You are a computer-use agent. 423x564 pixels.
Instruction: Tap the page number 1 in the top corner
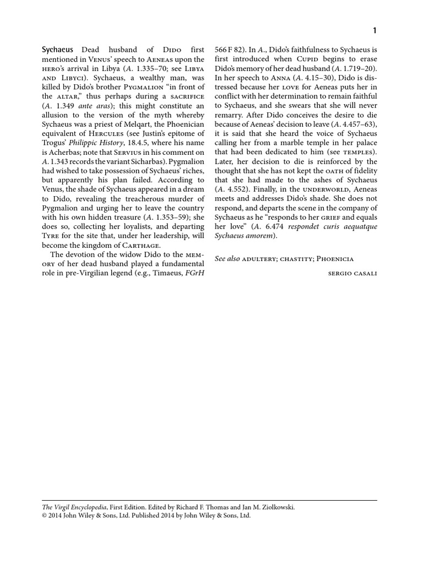point(375,31)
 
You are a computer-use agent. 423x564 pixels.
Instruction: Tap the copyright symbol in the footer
point(45,516)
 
